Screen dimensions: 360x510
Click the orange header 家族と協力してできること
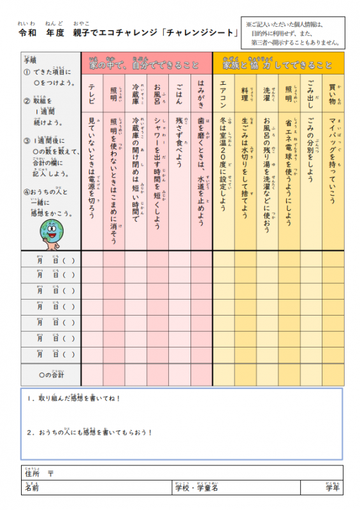277,64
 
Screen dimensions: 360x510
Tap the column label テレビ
92,93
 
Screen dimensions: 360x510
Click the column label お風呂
157,93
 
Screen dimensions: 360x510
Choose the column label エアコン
223,93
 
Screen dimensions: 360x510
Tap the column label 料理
245,91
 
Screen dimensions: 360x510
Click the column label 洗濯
266,91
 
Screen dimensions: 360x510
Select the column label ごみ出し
310,93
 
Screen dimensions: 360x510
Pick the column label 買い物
332,91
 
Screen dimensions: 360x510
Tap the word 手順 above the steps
30,61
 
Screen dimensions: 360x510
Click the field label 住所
32,474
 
